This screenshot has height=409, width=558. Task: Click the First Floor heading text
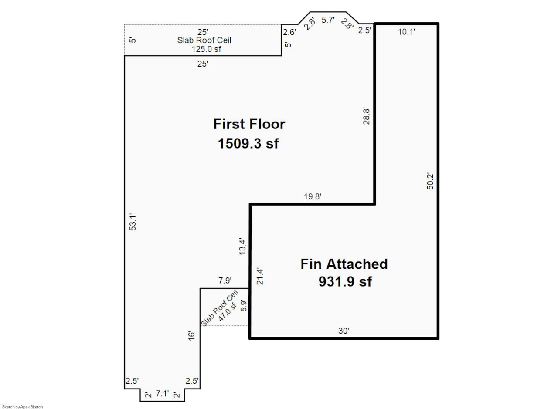249,124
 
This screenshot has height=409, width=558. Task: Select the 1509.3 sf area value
248,143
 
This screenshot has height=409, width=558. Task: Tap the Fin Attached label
344,264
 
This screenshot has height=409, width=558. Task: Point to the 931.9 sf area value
345,282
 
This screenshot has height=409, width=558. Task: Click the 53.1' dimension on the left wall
133,222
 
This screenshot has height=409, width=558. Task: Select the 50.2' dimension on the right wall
430,181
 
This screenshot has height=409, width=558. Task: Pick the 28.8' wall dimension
367,116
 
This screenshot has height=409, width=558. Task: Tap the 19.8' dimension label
313,196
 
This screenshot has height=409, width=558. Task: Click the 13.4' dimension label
243,246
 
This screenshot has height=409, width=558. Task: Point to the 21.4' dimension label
260,276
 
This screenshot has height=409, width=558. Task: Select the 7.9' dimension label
225,281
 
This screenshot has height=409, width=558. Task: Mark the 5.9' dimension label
244,306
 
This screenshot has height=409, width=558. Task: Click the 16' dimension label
191,336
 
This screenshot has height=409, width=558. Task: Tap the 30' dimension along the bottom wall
344,331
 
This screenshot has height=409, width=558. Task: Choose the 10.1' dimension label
407,31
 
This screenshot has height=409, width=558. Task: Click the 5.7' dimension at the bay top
327,20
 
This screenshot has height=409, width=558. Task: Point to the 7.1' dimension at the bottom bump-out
162,394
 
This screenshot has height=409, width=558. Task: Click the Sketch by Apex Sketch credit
23,407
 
